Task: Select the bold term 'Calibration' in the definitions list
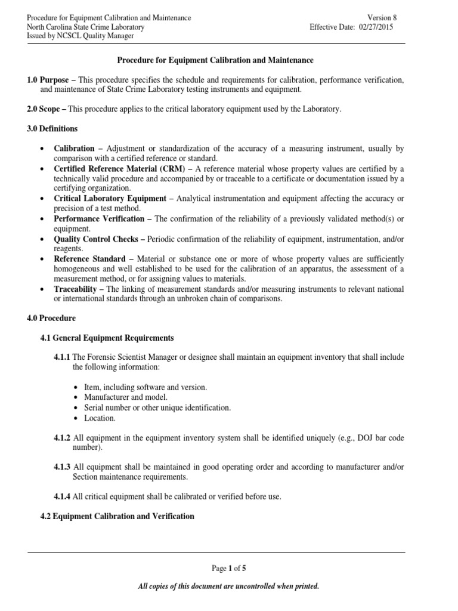(x=74, y=149)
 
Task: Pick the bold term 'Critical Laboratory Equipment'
(x=110, y=198)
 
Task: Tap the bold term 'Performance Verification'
(x=99, y=218)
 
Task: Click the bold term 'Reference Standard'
(x=89, y=259)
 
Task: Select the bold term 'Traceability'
(x=76, y=289)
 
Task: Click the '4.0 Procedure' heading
(x=51, y=319)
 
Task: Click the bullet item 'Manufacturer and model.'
(x=126, y=397)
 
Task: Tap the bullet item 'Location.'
(x=100, y=418)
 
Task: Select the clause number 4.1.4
(x=62, y=496)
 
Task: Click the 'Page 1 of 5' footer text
(x=228, y=569)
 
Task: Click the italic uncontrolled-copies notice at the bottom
(x=228, y=587)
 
